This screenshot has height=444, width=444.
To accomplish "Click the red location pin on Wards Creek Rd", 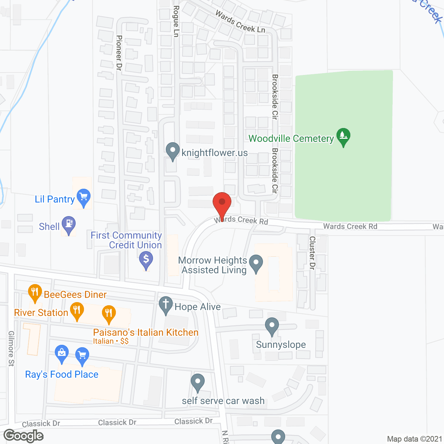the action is click(222, 203).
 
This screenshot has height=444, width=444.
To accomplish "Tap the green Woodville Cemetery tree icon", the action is click(343, 136).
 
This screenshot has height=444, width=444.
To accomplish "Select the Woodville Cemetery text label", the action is click(291, 139).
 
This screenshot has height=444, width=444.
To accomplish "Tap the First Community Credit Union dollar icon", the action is click(146, 259).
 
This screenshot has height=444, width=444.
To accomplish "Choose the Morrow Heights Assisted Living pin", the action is click(256, 263).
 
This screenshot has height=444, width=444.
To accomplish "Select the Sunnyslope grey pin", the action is click(272, 326).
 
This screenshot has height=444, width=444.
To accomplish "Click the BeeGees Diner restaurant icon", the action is click(35, 292).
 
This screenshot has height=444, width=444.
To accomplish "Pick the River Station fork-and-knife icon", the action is click(77, 310).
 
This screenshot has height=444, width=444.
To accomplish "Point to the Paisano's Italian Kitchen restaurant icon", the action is click(109, 313).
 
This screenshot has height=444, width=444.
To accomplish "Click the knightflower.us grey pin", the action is click(173, 151).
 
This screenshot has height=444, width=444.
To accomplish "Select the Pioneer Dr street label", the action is click(119, 53).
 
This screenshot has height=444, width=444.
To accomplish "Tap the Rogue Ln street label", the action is click(176, 21).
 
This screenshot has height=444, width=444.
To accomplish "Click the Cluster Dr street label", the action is click(312, 253).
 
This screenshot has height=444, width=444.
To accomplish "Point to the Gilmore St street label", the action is click(11, 349).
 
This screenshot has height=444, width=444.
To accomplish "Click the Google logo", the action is click(24, 436).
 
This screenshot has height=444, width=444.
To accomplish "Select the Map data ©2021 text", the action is click(415, 439).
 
